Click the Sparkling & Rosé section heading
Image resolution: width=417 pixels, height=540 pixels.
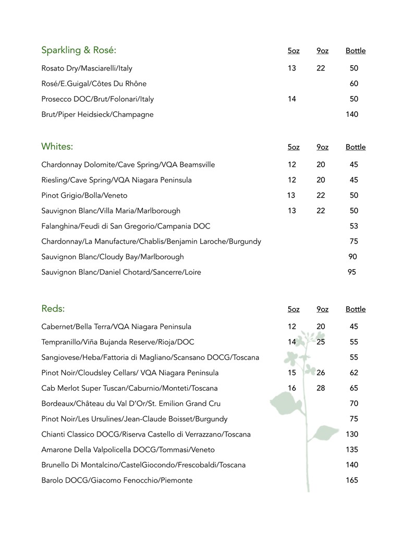79,51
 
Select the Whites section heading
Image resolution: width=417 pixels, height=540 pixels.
57,147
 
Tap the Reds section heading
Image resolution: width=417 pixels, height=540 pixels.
53,309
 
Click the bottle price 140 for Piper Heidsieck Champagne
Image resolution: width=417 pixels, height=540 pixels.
352,114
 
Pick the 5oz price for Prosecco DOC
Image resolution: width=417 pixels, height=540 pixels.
291,99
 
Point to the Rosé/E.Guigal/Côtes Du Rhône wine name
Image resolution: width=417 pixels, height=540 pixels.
94,83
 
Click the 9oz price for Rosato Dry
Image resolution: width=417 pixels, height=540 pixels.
321,68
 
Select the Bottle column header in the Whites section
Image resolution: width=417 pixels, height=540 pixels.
355,147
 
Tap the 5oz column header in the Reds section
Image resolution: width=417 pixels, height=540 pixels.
293,309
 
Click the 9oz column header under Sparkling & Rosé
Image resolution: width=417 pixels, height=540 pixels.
322,51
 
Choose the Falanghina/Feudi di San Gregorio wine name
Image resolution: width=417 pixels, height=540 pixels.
126,226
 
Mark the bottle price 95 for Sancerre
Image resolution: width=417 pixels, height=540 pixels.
352,272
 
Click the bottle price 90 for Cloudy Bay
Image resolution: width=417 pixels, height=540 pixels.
352,257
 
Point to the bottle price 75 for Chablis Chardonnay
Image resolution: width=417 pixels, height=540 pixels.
354,242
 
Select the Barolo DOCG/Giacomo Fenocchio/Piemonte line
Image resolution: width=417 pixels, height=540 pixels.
117,480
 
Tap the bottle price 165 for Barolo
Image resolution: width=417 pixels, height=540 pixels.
352,480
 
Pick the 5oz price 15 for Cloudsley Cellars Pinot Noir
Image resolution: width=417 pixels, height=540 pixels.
291,373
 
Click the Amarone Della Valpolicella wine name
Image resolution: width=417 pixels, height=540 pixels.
128,450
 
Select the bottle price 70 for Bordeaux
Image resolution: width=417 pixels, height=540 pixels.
354,403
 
